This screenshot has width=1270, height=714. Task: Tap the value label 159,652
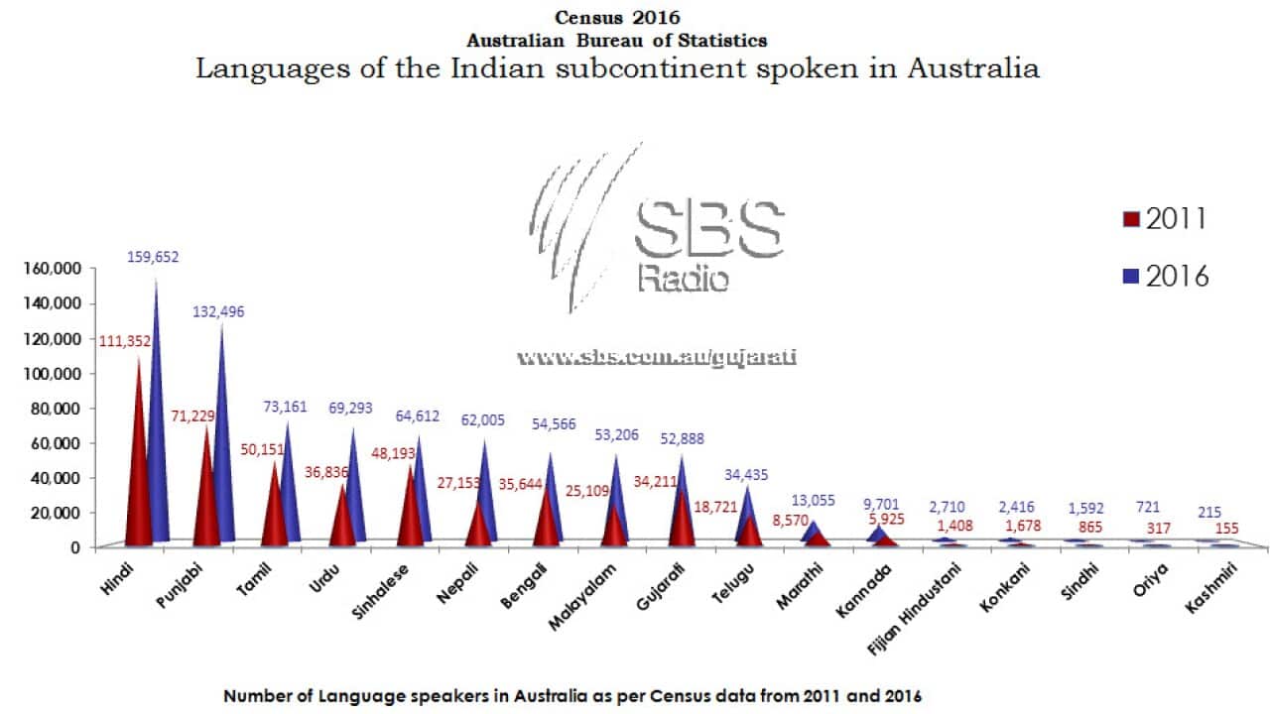(x=154, y=257)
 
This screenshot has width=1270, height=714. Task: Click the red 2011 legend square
(x=1130, y=219)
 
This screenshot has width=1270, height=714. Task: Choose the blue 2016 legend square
(x=1130, y=277)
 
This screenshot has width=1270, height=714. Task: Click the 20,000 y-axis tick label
(x=56, y=513)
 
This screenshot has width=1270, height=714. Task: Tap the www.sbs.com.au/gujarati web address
(x=658, y=357)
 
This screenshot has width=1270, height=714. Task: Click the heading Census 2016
(x=617, y=17)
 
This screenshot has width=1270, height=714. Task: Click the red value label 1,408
(x=939, y=526)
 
